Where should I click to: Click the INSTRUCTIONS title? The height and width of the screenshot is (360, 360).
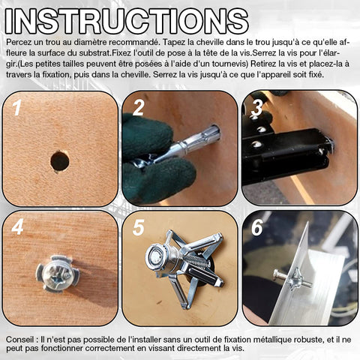(x=127, y=21)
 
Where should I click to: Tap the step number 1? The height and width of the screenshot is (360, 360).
(x=17, y=108)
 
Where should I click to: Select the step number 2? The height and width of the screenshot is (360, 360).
(x=139, y=108)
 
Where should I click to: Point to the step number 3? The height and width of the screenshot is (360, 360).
(x=256, y=108)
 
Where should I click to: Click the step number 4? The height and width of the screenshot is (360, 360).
(x=17, y=226)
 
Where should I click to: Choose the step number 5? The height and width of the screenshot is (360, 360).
(x=139, y=227)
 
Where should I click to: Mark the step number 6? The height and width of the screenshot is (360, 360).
(x=257, y=227)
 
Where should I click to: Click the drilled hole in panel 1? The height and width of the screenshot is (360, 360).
(x=60, y=160)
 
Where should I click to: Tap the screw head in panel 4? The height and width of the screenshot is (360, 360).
(x=57, y=274)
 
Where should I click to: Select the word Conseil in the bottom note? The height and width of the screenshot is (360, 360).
(x=20, y=340)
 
